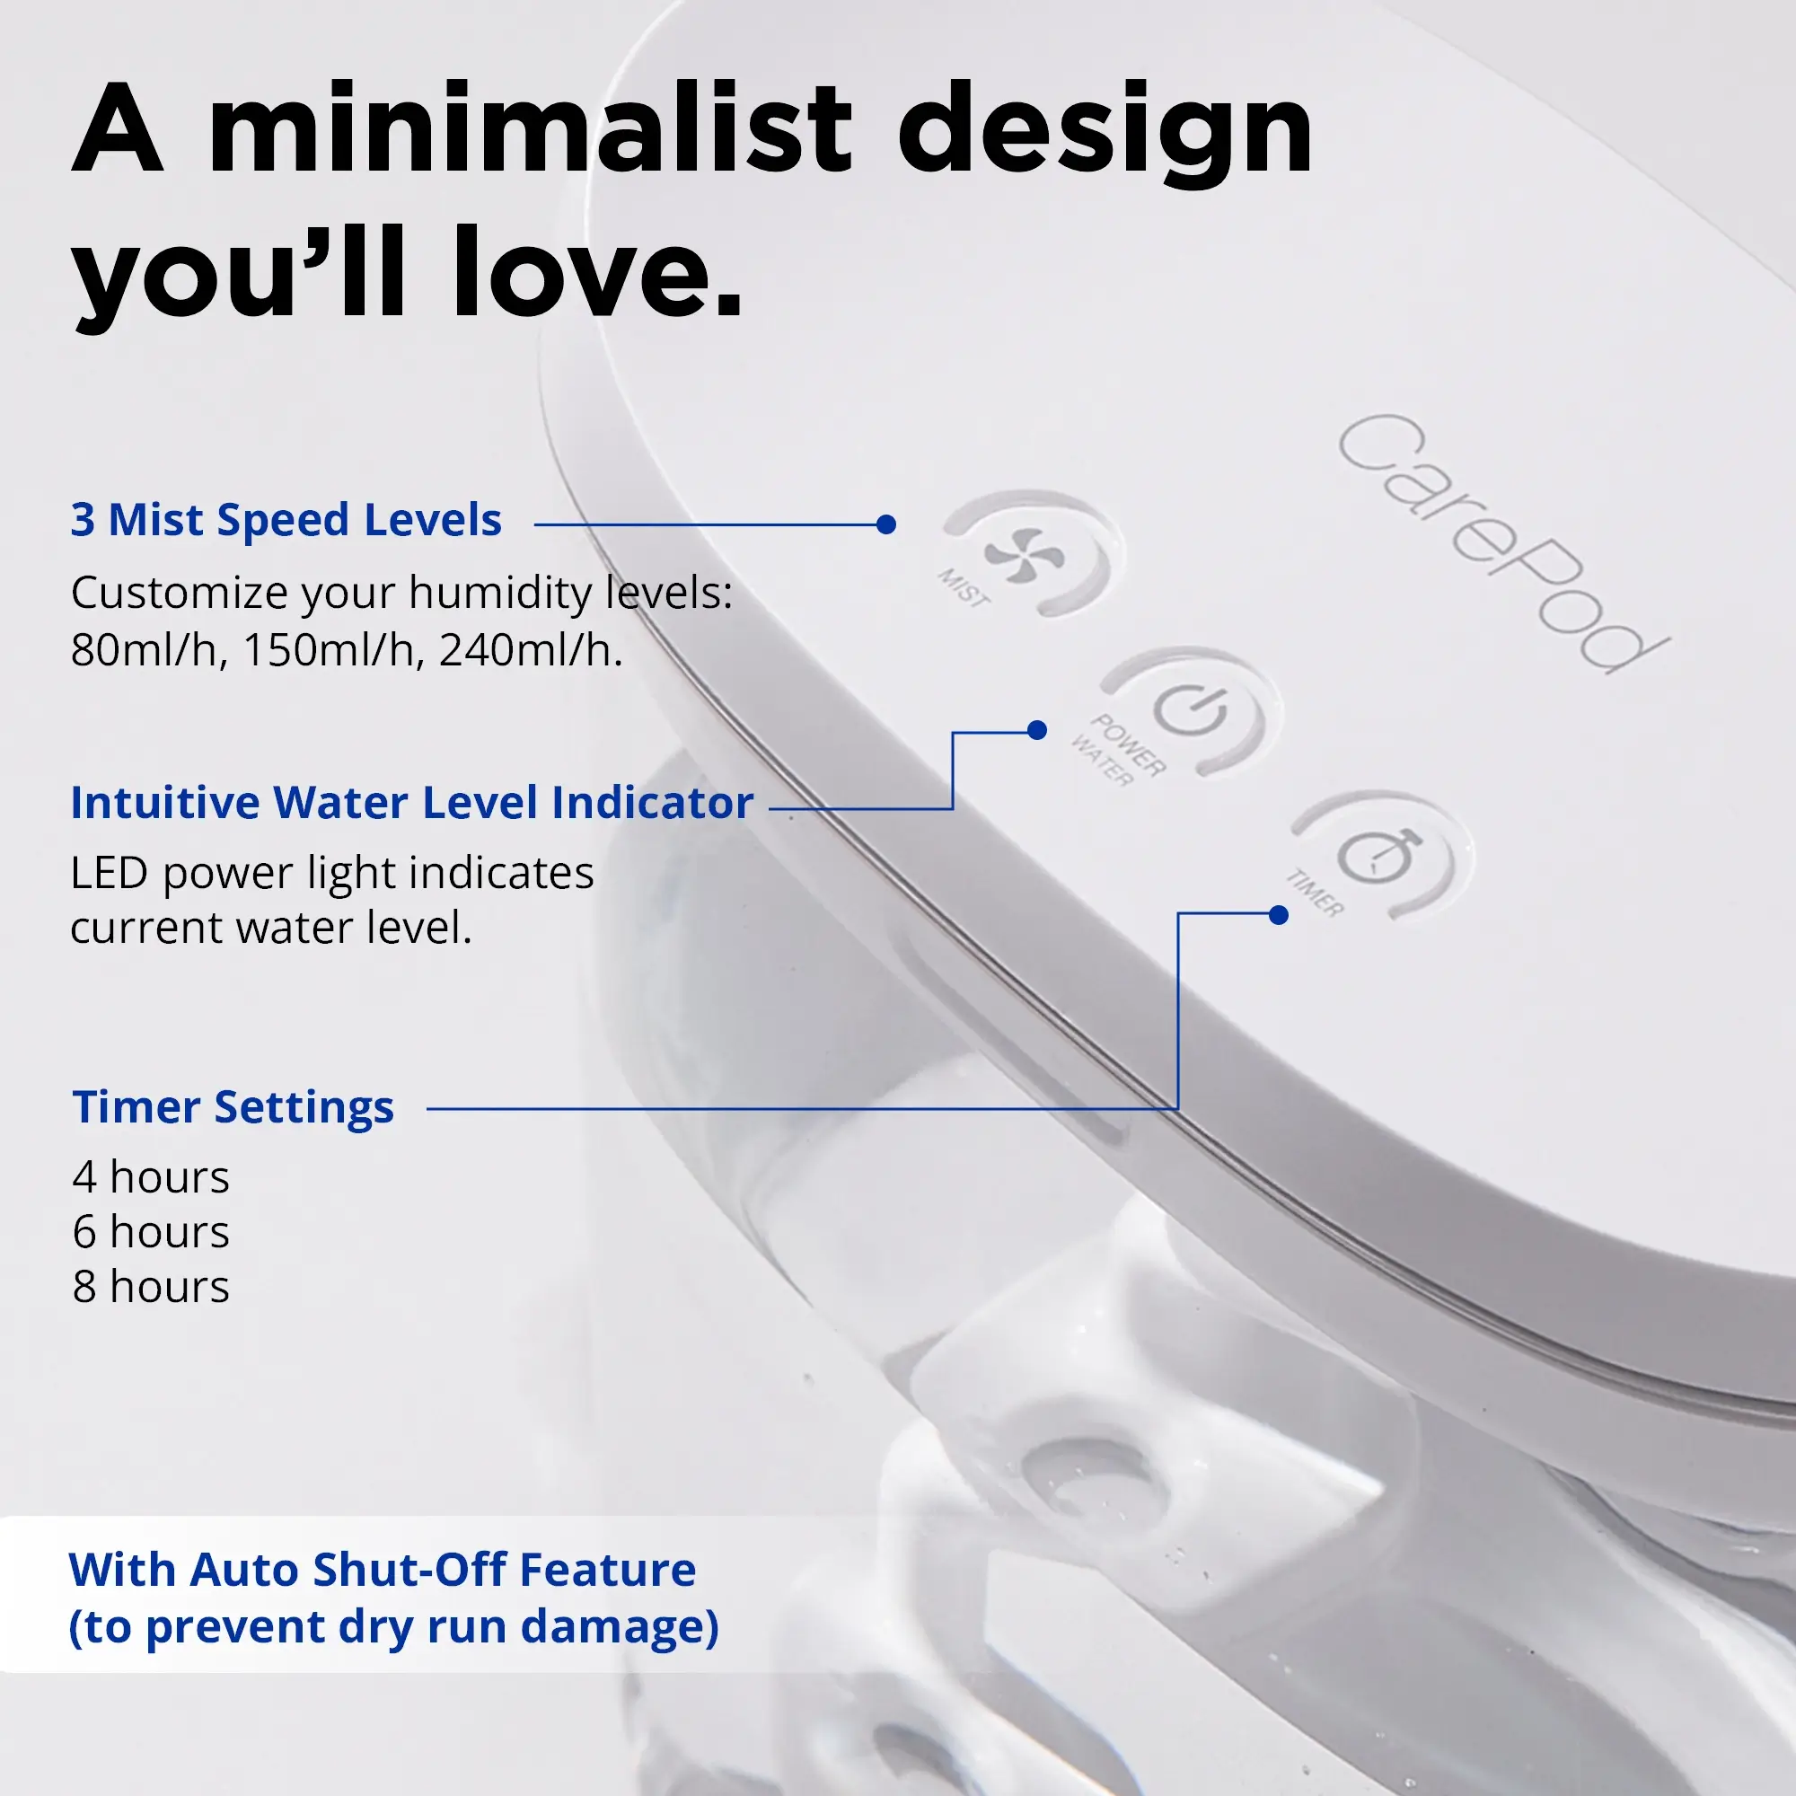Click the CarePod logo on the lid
click(x=1502, y=544)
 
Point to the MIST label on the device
click(x=963, y=588)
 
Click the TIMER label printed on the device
click(x=1315, y=894)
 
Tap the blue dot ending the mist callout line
click(x=886, y=524)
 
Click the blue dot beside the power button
click(x=1037, y=731)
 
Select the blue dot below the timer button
click(x=1278, y=916)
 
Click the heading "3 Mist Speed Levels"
click(x=286, y=520)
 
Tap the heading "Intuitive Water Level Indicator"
click(x=412, y=802)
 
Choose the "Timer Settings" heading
click(x=233, y=1107)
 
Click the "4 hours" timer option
click(x=151, y=1178)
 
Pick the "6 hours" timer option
click(x=151, y=1233)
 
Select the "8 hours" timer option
click(x=151, y=1288)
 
